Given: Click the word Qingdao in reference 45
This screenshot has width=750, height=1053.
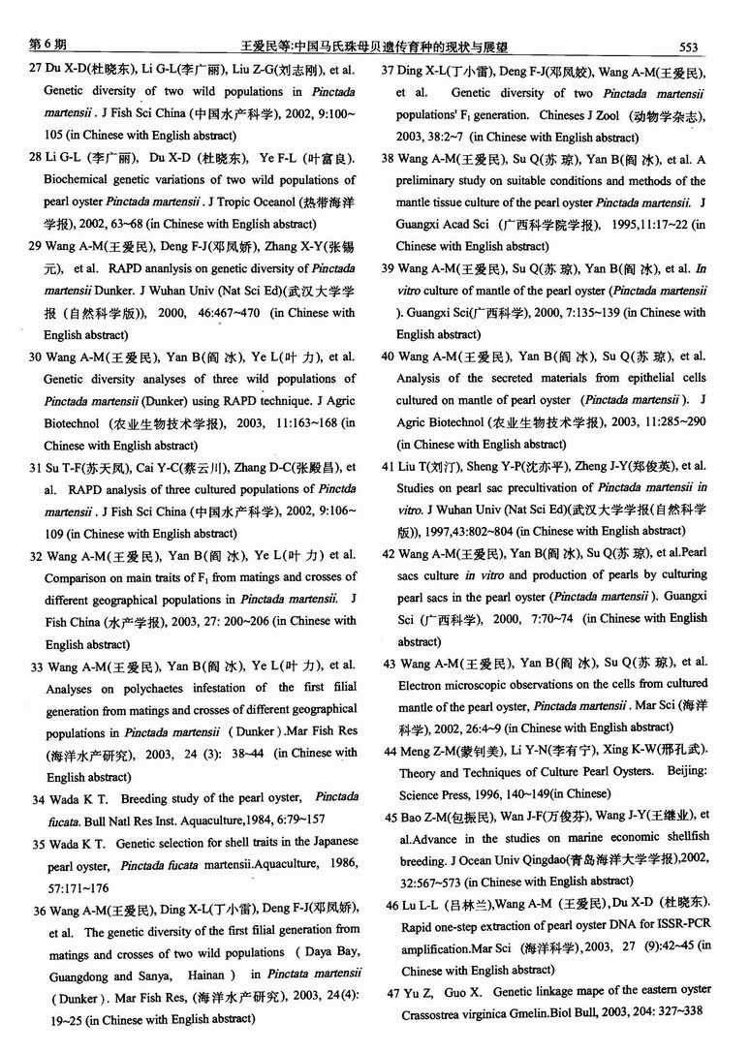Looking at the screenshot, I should [544, 858].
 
